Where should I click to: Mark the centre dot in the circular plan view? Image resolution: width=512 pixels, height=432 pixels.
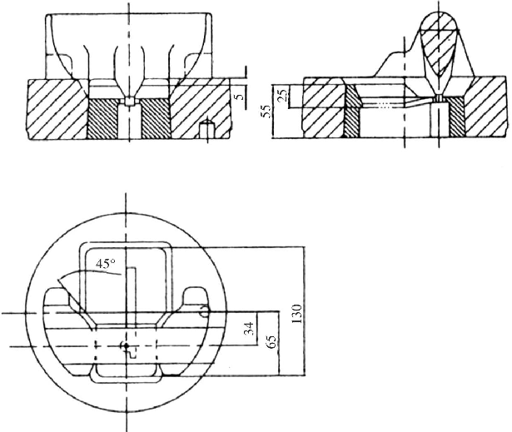click(x=123, y=345)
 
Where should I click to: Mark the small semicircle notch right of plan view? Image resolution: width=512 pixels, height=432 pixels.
click(x=205, y=313)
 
